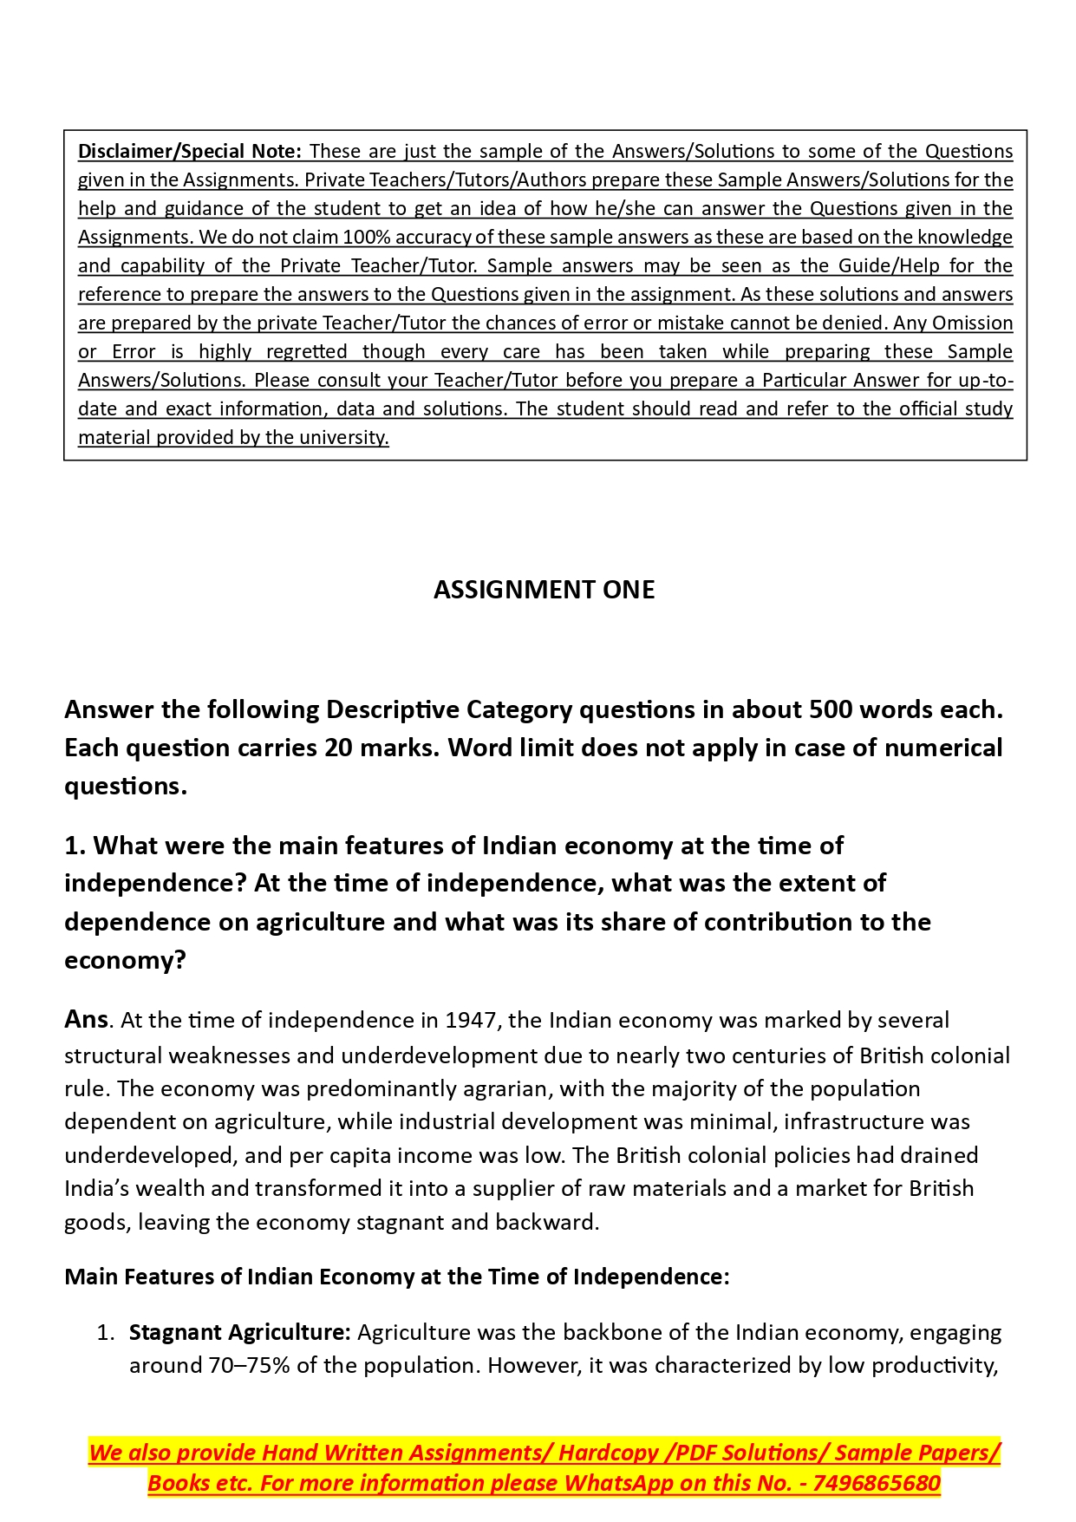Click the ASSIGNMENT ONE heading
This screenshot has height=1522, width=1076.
544,590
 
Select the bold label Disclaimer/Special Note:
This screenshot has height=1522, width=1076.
190,151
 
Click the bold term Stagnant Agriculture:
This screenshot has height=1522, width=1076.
240,1332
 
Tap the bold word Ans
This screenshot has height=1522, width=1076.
86,1020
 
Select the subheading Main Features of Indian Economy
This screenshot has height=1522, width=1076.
397,1277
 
